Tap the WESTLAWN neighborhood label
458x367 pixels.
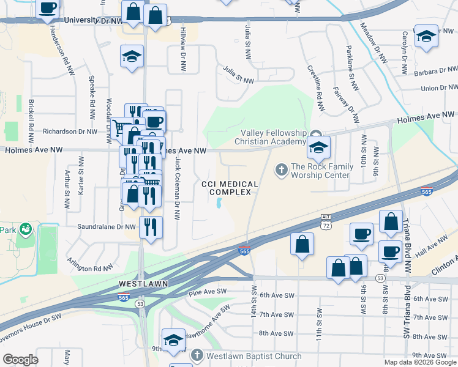[x=140, y=284]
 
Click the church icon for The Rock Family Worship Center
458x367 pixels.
[x=282, y=169]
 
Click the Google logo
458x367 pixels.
[x=21, y=359]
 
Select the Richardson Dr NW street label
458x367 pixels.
[x=70, y=132]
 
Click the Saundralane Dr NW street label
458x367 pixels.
[x=107, y=227]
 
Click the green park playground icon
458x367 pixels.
[x=26, y=229]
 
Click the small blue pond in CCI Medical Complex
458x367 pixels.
[x=219, y=205]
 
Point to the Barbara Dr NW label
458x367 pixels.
[x=435, y=71]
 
